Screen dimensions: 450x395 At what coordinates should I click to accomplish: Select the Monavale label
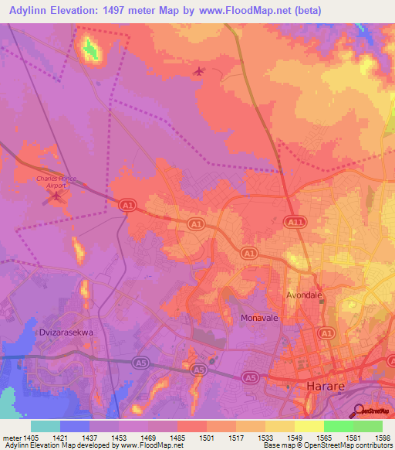point(258,318)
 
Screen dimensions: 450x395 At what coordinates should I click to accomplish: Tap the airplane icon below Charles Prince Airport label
point(55,197)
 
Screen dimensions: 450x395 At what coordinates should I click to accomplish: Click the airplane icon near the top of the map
point(200,72)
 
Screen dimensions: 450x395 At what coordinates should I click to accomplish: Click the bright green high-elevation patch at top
point(92,50)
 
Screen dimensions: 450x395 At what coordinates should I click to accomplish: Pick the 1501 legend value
point(208,437)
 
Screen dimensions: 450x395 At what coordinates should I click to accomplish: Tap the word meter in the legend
point(12,437)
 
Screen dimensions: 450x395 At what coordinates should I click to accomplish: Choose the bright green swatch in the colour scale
point(338,425)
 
